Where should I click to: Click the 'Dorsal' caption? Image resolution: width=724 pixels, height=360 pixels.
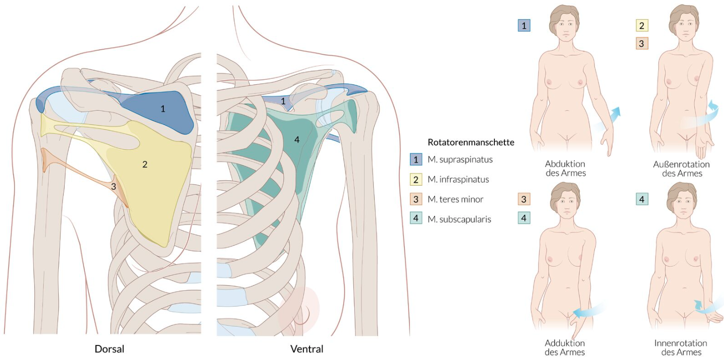click(x=110, y=348)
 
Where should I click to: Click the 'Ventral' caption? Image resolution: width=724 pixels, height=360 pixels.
click(x=306, y=348)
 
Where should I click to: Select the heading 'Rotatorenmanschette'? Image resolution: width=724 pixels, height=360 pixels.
click(x=471, y=142)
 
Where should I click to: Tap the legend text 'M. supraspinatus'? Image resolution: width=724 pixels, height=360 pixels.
click(x=460, y=160)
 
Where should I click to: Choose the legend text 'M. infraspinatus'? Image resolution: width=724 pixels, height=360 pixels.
click(x=458, y=179)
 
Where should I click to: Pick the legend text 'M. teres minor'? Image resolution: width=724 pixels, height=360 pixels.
click(x=455, y=199)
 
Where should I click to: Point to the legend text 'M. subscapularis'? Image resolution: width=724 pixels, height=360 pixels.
click(x=459, y=219)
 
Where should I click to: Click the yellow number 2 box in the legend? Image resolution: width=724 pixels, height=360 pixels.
click(x=416, y=179)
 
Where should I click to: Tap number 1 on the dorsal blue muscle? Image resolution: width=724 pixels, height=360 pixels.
click(x=162, y=108)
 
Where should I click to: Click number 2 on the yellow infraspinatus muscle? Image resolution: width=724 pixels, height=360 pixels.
click(x=145, y=164)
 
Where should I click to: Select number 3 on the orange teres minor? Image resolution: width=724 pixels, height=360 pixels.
click(x=114, y=186)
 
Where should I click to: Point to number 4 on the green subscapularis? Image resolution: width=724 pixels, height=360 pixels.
click(x=297, y=140)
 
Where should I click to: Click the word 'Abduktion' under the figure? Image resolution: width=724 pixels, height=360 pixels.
click(x=565, y=164)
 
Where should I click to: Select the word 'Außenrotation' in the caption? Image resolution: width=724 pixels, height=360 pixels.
click(x=681, y=164)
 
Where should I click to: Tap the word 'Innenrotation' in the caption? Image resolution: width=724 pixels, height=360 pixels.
click(x=681, y=343)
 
